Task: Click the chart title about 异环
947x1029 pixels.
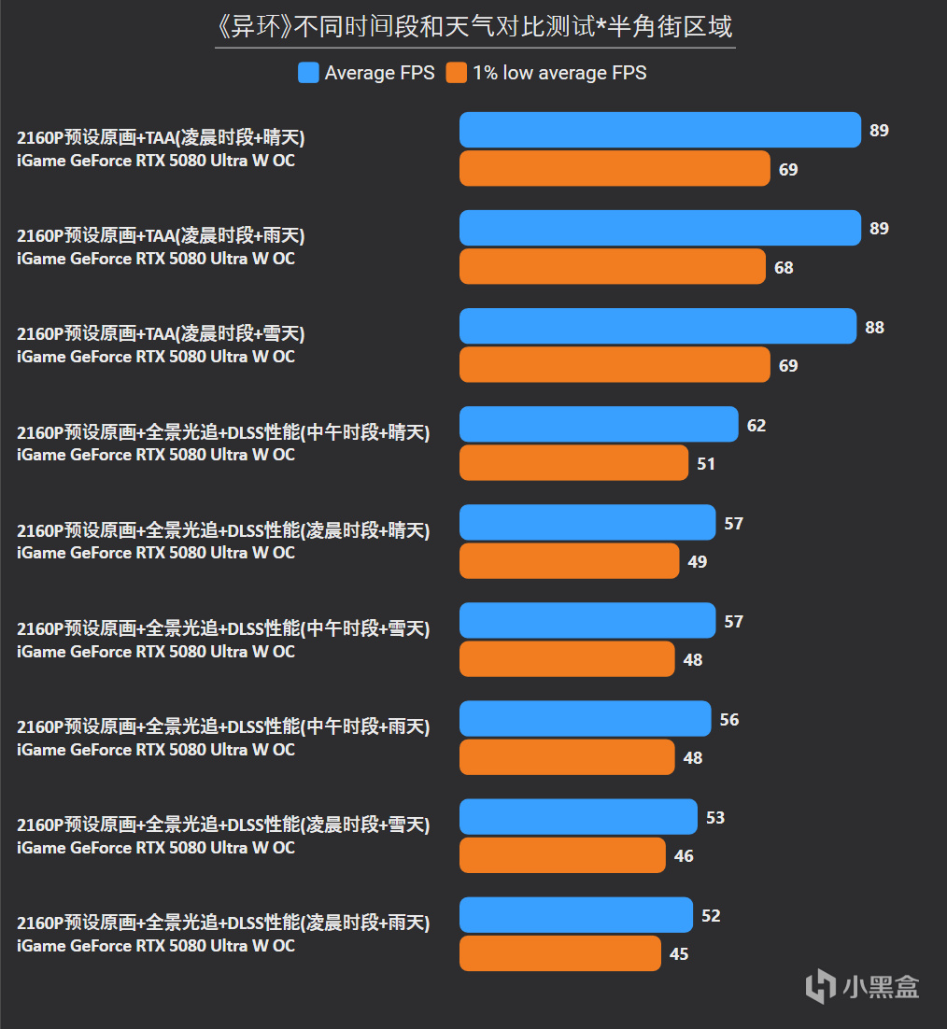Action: point(474,27)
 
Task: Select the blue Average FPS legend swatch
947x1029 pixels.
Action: point(308,73)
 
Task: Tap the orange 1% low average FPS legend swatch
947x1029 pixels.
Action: point(456,73)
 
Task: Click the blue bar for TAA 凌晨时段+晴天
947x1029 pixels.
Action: point(660,130)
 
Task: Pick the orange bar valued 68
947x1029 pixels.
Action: point(613,266)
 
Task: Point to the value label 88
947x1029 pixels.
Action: point(874,327)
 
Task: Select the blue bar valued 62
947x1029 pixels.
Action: point(599,424)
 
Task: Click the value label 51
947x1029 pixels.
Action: point(706,463)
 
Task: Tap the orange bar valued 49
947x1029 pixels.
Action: point(569,560)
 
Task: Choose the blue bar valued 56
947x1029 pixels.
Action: point(586,719)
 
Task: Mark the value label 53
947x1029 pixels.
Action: point(715,817)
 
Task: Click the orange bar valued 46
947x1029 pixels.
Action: point(562,855)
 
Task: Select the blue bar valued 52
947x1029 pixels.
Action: point(576,915)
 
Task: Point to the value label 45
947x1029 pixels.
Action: point(679,953)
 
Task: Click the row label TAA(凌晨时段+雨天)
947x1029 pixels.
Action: point(161,235)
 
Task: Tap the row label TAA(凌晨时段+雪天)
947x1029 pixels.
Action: point(161,333)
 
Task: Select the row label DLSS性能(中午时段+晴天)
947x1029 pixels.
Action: point(223,431)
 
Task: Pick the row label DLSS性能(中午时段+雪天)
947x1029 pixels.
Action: point(223,628)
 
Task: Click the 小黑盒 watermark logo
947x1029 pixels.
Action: point(862,986)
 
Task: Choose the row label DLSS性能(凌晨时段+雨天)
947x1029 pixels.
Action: point(223,922)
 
